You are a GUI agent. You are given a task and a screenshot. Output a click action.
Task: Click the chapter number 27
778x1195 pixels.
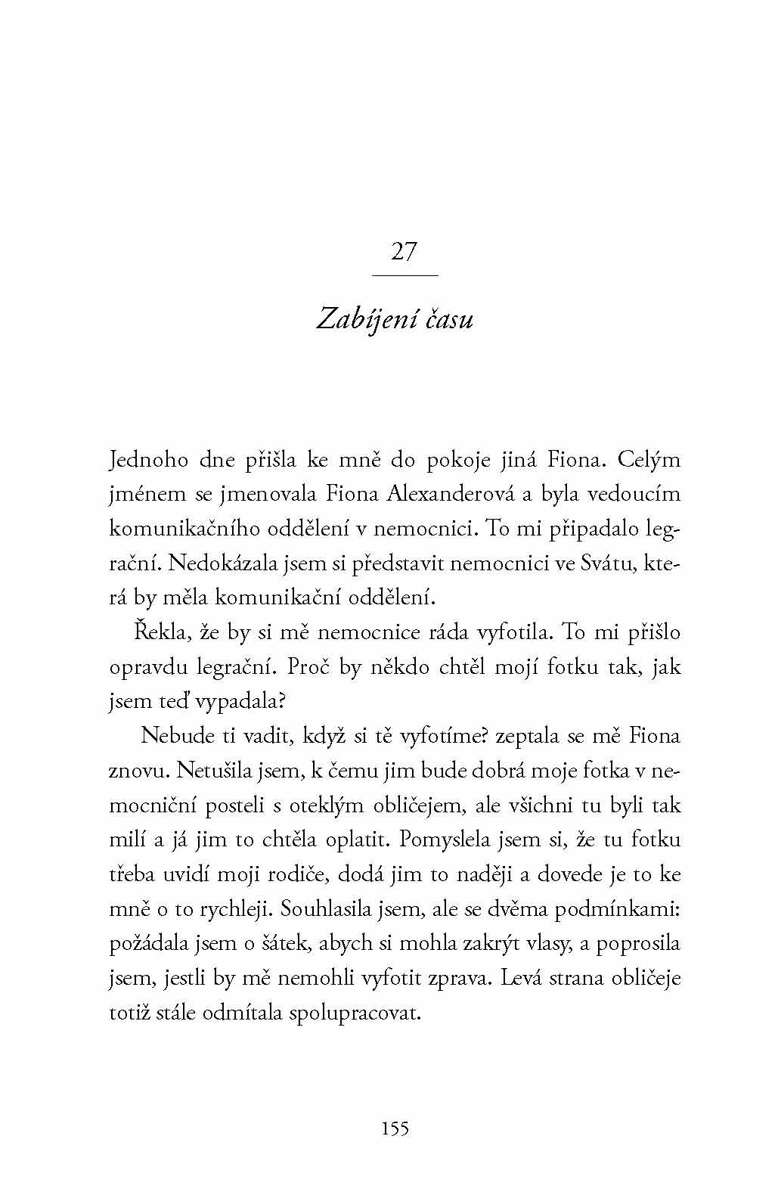click(403, 251)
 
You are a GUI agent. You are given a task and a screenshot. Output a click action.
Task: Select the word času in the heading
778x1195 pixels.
click(448, 319)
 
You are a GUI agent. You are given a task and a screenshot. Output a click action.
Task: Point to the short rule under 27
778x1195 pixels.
click(406, 275)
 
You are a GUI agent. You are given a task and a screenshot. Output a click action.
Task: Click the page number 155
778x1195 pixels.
click(395, 1128)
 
